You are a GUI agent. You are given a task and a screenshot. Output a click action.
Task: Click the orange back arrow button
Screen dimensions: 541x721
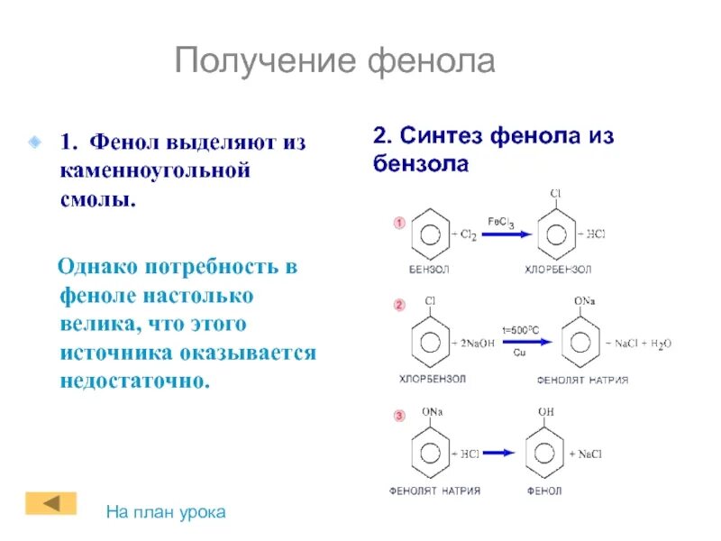coord(50,502)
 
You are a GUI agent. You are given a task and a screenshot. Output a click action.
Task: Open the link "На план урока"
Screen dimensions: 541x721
coord(166,512)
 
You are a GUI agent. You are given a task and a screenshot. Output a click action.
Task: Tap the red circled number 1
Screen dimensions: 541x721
coord(398,223)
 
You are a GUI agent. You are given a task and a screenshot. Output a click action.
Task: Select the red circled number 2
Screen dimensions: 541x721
coord(398,306)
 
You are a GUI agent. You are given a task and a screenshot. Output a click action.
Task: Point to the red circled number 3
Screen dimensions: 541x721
coord(398,416)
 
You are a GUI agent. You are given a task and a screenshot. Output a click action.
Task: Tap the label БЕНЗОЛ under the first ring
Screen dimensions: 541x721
coord(428,269)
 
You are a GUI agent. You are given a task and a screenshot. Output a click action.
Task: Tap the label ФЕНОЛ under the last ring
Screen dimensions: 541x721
coord(543,491)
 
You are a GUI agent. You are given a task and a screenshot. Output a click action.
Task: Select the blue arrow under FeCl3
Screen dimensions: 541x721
coord(501,235)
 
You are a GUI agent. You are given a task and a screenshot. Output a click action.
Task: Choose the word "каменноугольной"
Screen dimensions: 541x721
coord(154,170)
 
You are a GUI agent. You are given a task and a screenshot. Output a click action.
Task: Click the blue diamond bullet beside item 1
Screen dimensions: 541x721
coord(33,142)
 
